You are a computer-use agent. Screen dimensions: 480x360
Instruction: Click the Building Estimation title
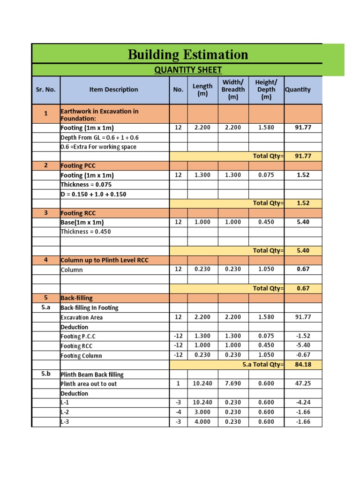tap(187, 55)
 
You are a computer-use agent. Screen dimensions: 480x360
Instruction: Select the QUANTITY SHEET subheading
tap(188, 70)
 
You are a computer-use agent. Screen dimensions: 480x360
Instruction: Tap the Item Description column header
tap(114, 90)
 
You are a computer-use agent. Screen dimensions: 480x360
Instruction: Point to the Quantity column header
tap(298, 90)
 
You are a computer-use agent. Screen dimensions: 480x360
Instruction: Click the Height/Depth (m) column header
tap(266, 90)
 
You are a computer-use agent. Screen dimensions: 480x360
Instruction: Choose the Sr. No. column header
tap(45, 90)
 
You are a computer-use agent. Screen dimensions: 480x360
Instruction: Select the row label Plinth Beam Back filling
tap(92, 375)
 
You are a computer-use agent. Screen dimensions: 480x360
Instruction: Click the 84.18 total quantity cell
tap(303, 365)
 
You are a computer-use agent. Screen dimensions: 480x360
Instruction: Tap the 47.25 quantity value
tap(303, 383)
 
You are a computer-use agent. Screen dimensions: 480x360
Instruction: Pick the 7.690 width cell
tap(233, 383)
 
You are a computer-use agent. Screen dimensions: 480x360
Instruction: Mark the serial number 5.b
tap(45, 374)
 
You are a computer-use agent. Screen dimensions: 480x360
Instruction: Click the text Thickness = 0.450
tap(86, 232)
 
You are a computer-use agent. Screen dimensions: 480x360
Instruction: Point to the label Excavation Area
tap(82, 317)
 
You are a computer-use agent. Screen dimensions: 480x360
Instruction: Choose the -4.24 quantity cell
tap(303, 402)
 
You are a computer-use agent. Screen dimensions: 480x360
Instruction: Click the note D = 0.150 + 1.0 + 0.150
tap(93, 194)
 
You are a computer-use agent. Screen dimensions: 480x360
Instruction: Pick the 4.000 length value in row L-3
tap(202, 421)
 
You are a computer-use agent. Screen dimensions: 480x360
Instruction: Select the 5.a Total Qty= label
tap(263, 365)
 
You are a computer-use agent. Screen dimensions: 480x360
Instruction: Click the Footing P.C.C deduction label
tap(79, 336)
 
